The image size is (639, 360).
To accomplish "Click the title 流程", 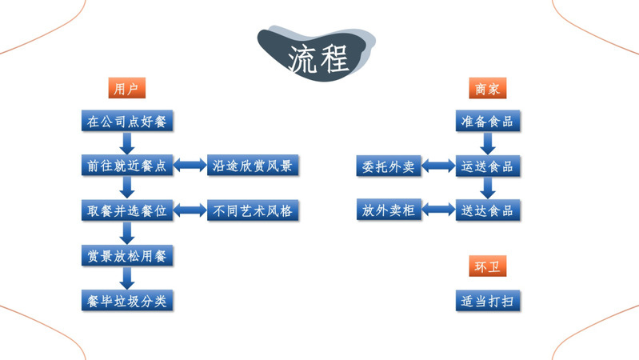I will [x=318, y=58].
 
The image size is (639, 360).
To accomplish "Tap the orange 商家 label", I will [x=487, y=88].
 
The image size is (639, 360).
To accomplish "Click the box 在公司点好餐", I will [x=127, y=122].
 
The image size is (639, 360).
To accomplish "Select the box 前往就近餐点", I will [x=127, y=166].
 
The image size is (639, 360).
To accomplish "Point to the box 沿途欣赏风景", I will [x=252, y=166].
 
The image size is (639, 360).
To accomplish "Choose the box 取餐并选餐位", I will [x=127, y=211].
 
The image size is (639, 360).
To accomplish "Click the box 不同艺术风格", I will [x=252, y=211].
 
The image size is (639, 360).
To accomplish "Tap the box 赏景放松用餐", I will [x=127, y=256].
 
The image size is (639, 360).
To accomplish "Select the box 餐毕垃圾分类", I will [x=127, y=301].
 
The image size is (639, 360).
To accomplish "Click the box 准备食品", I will [x=487, y=122].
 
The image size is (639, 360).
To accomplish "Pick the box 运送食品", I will [x=487, y=166].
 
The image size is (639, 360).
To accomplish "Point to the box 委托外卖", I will [x=386, y=166].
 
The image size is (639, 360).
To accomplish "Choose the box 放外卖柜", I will [x=386, y=211].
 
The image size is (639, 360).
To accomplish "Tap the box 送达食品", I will [x=487, y=211].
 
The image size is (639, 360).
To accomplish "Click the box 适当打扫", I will [x=487, y=301].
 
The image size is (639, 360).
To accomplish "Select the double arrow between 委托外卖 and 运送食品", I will [x=437, y=166].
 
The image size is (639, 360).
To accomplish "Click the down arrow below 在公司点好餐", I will [x=127, y=144].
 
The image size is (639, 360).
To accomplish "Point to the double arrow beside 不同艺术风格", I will [x=190, y=211].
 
